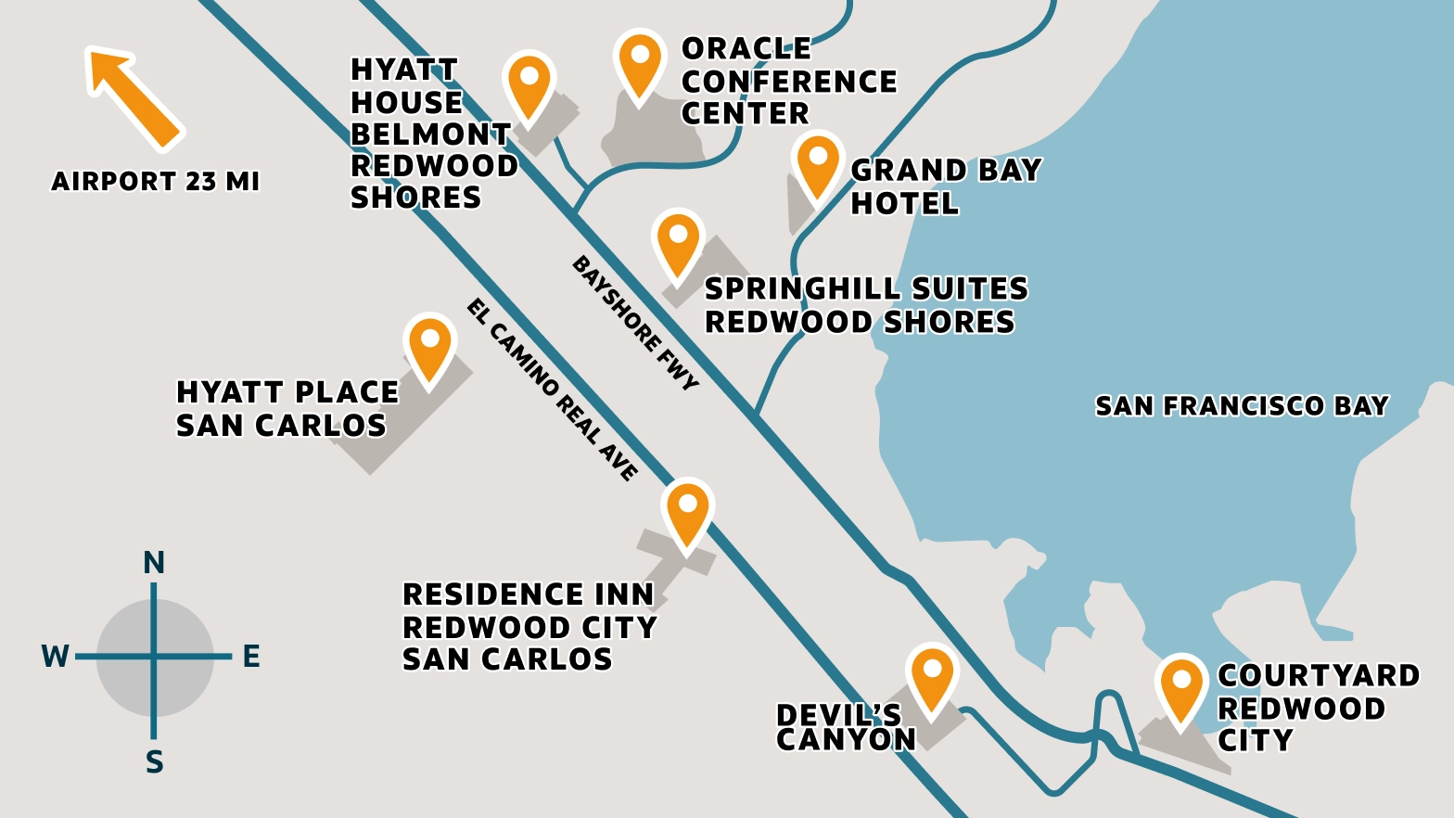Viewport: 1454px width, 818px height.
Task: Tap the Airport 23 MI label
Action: [x=155, y=181]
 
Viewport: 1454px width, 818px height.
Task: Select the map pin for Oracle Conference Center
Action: [x=640, y=63]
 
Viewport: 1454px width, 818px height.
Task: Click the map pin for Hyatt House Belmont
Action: [x=529, y=84]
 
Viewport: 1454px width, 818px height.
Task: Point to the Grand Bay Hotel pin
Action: [x=818, y=165]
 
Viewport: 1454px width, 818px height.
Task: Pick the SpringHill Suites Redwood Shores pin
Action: [x=678, y=243]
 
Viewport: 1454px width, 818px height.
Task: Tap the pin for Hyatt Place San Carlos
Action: [x=430, y=347]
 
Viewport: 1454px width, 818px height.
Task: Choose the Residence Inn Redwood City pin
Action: [x=688, y=513]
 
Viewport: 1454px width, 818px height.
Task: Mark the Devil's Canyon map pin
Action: [x=932, y=677]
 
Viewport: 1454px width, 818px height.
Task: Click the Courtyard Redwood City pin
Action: [x=1181, y=688]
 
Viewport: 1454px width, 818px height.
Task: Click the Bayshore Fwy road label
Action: [x=635, y=323]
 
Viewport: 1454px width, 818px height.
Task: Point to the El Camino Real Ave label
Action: [x=553, y=390]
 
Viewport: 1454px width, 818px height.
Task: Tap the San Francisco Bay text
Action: [x=1242, y=406]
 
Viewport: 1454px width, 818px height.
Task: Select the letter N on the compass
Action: [x=154, y=563]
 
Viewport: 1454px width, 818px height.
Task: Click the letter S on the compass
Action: [x=155, y=762]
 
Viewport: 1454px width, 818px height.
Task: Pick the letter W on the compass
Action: [x=55, y=657]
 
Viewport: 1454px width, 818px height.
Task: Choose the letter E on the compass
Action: [x=251, y=657]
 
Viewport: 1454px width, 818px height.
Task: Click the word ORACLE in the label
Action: [x=746, y=48]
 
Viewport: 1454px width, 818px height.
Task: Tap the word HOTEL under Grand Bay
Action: [x=905, y=204]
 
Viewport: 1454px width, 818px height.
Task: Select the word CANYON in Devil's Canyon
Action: [x=846, y=739]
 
